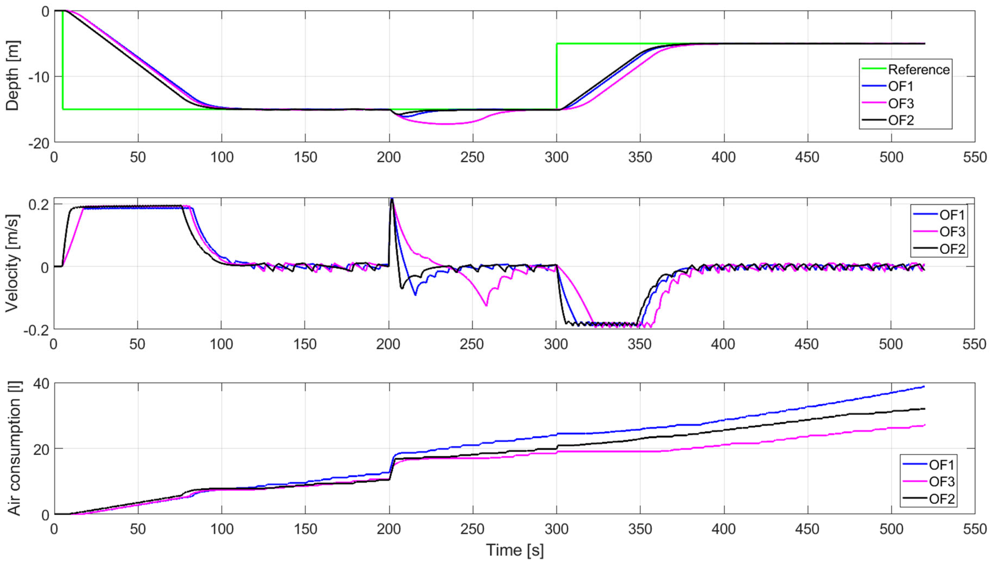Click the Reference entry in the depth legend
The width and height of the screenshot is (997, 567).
coord(918,70)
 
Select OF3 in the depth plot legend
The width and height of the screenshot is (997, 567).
coord(901,104)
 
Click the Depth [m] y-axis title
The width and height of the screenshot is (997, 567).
coord(13,76)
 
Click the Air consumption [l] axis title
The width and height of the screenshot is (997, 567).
coord(14,449)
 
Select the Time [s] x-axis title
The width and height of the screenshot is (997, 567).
coord(514,550)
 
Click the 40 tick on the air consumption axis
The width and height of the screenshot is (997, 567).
coord(41,384)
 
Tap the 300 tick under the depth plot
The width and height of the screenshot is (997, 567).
coord(556,157)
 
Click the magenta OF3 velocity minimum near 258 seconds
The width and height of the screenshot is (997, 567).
coord(486,305)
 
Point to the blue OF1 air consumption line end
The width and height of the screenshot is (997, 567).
coord(924,387)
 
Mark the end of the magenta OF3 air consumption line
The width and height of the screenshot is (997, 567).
coord(924,425)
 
